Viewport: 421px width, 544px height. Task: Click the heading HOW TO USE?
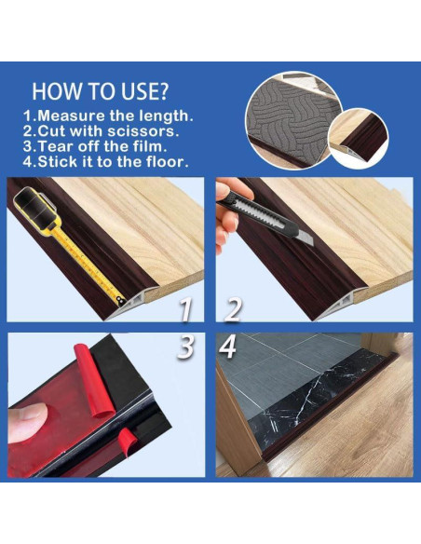tap(100, 91)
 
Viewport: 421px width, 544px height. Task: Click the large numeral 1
tap(185, 310)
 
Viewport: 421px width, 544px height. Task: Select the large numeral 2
tap(233, 310)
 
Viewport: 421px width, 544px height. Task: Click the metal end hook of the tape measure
tap(120, 301)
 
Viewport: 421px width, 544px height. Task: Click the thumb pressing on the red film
tap(27, 423)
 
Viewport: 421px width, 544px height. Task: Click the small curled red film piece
tap(128, 440)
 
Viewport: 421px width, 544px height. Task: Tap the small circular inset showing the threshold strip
tap(359, 138)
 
